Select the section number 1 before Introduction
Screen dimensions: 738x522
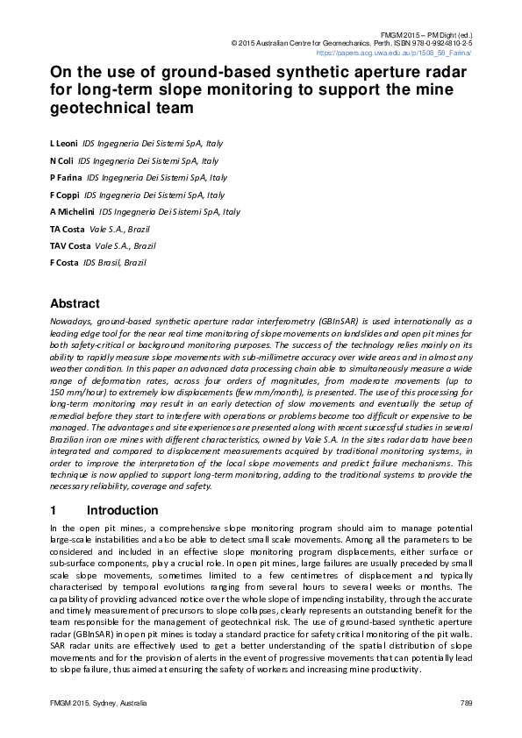click(54, 510)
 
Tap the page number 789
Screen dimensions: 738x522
click(466, 704)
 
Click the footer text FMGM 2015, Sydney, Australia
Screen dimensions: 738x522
click(98, 704)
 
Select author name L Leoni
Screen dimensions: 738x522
click(64, 142)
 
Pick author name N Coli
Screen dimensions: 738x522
click(61, 161)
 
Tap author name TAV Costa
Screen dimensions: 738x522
click(69, 246)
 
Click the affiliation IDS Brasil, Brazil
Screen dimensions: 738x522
click(114, 263)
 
